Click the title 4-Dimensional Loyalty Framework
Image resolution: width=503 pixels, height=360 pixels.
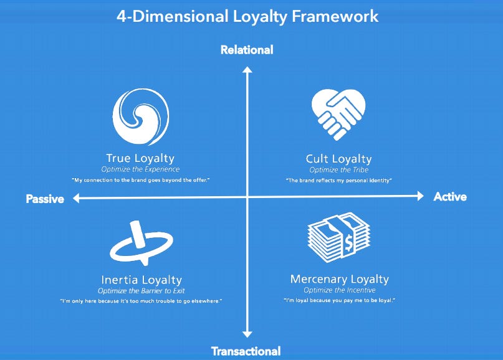(247, 16)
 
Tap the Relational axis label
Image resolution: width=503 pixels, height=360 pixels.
(247, 50)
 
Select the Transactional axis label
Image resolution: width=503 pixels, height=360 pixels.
(246, 351)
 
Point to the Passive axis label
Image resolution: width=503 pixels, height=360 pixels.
(46, 199)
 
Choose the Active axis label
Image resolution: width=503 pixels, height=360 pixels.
(450, 197)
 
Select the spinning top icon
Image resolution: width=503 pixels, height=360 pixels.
(141, 244)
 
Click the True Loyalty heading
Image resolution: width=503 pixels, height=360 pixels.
(140, 158)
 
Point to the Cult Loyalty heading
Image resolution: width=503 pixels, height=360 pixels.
(338, 159)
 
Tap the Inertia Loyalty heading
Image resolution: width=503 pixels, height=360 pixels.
(141, 280)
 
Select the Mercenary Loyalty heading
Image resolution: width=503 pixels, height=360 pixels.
(339, 279)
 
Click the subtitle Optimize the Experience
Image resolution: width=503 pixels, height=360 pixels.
(140, 169)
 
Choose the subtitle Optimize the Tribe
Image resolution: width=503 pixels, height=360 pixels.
(338, 169)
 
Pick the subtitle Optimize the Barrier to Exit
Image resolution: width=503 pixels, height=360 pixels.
(141, 290)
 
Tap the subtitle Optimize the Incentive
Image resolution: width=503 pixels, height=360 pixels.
(339, 290)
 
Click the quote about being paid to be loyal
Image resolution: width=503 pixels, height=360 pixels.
(339, 301)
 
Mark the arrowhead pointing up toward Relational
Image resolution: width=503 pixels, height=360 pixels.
(247, 70)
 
